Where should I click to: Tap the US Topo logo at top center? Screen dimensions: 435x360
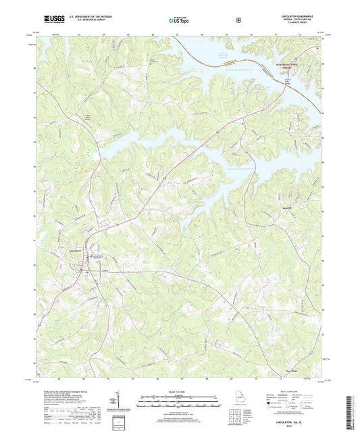179,20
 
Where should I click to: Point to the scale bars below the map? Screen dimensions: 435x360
179,404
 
